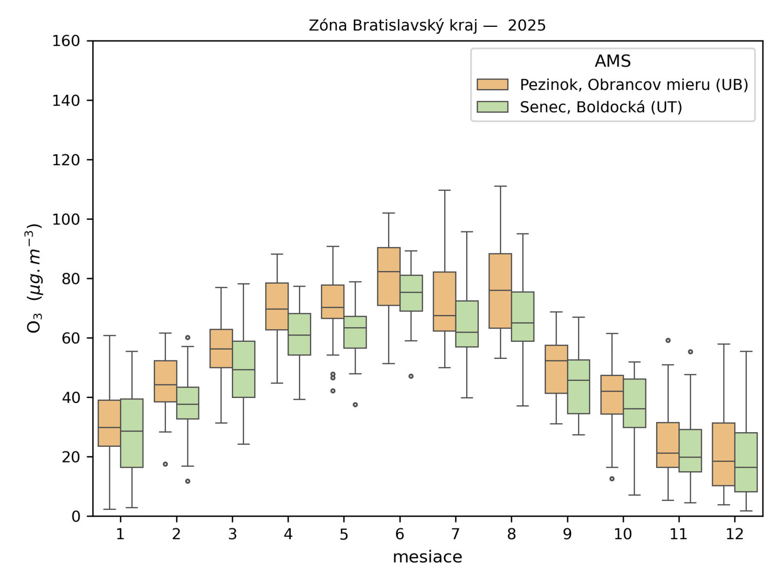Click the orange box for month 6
click(389, 276)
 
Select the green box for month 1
click(132, 433)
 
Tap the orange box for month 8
click(500, 291)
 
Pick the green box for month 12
click(746, 462)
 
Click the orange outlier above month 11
click(668, 340)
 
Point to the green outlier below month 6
click(411, 376)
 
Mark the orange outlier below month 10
click(612, 479)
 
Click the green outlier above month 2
click(188, 337)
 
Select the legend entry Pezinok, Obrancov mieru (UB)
click(634, 85)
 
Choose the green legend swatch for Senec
click(493, 107)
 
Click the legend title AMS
click(613, 61)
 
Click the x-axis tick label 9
click(567, 534)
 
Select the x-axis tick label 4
click(288, 534)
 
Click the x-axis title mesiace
click(427, 557)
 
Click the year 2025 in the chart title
click(527, 25)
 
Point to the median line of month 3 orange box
click(221, 349)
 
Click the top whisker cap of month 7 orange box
click(445, 190)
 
